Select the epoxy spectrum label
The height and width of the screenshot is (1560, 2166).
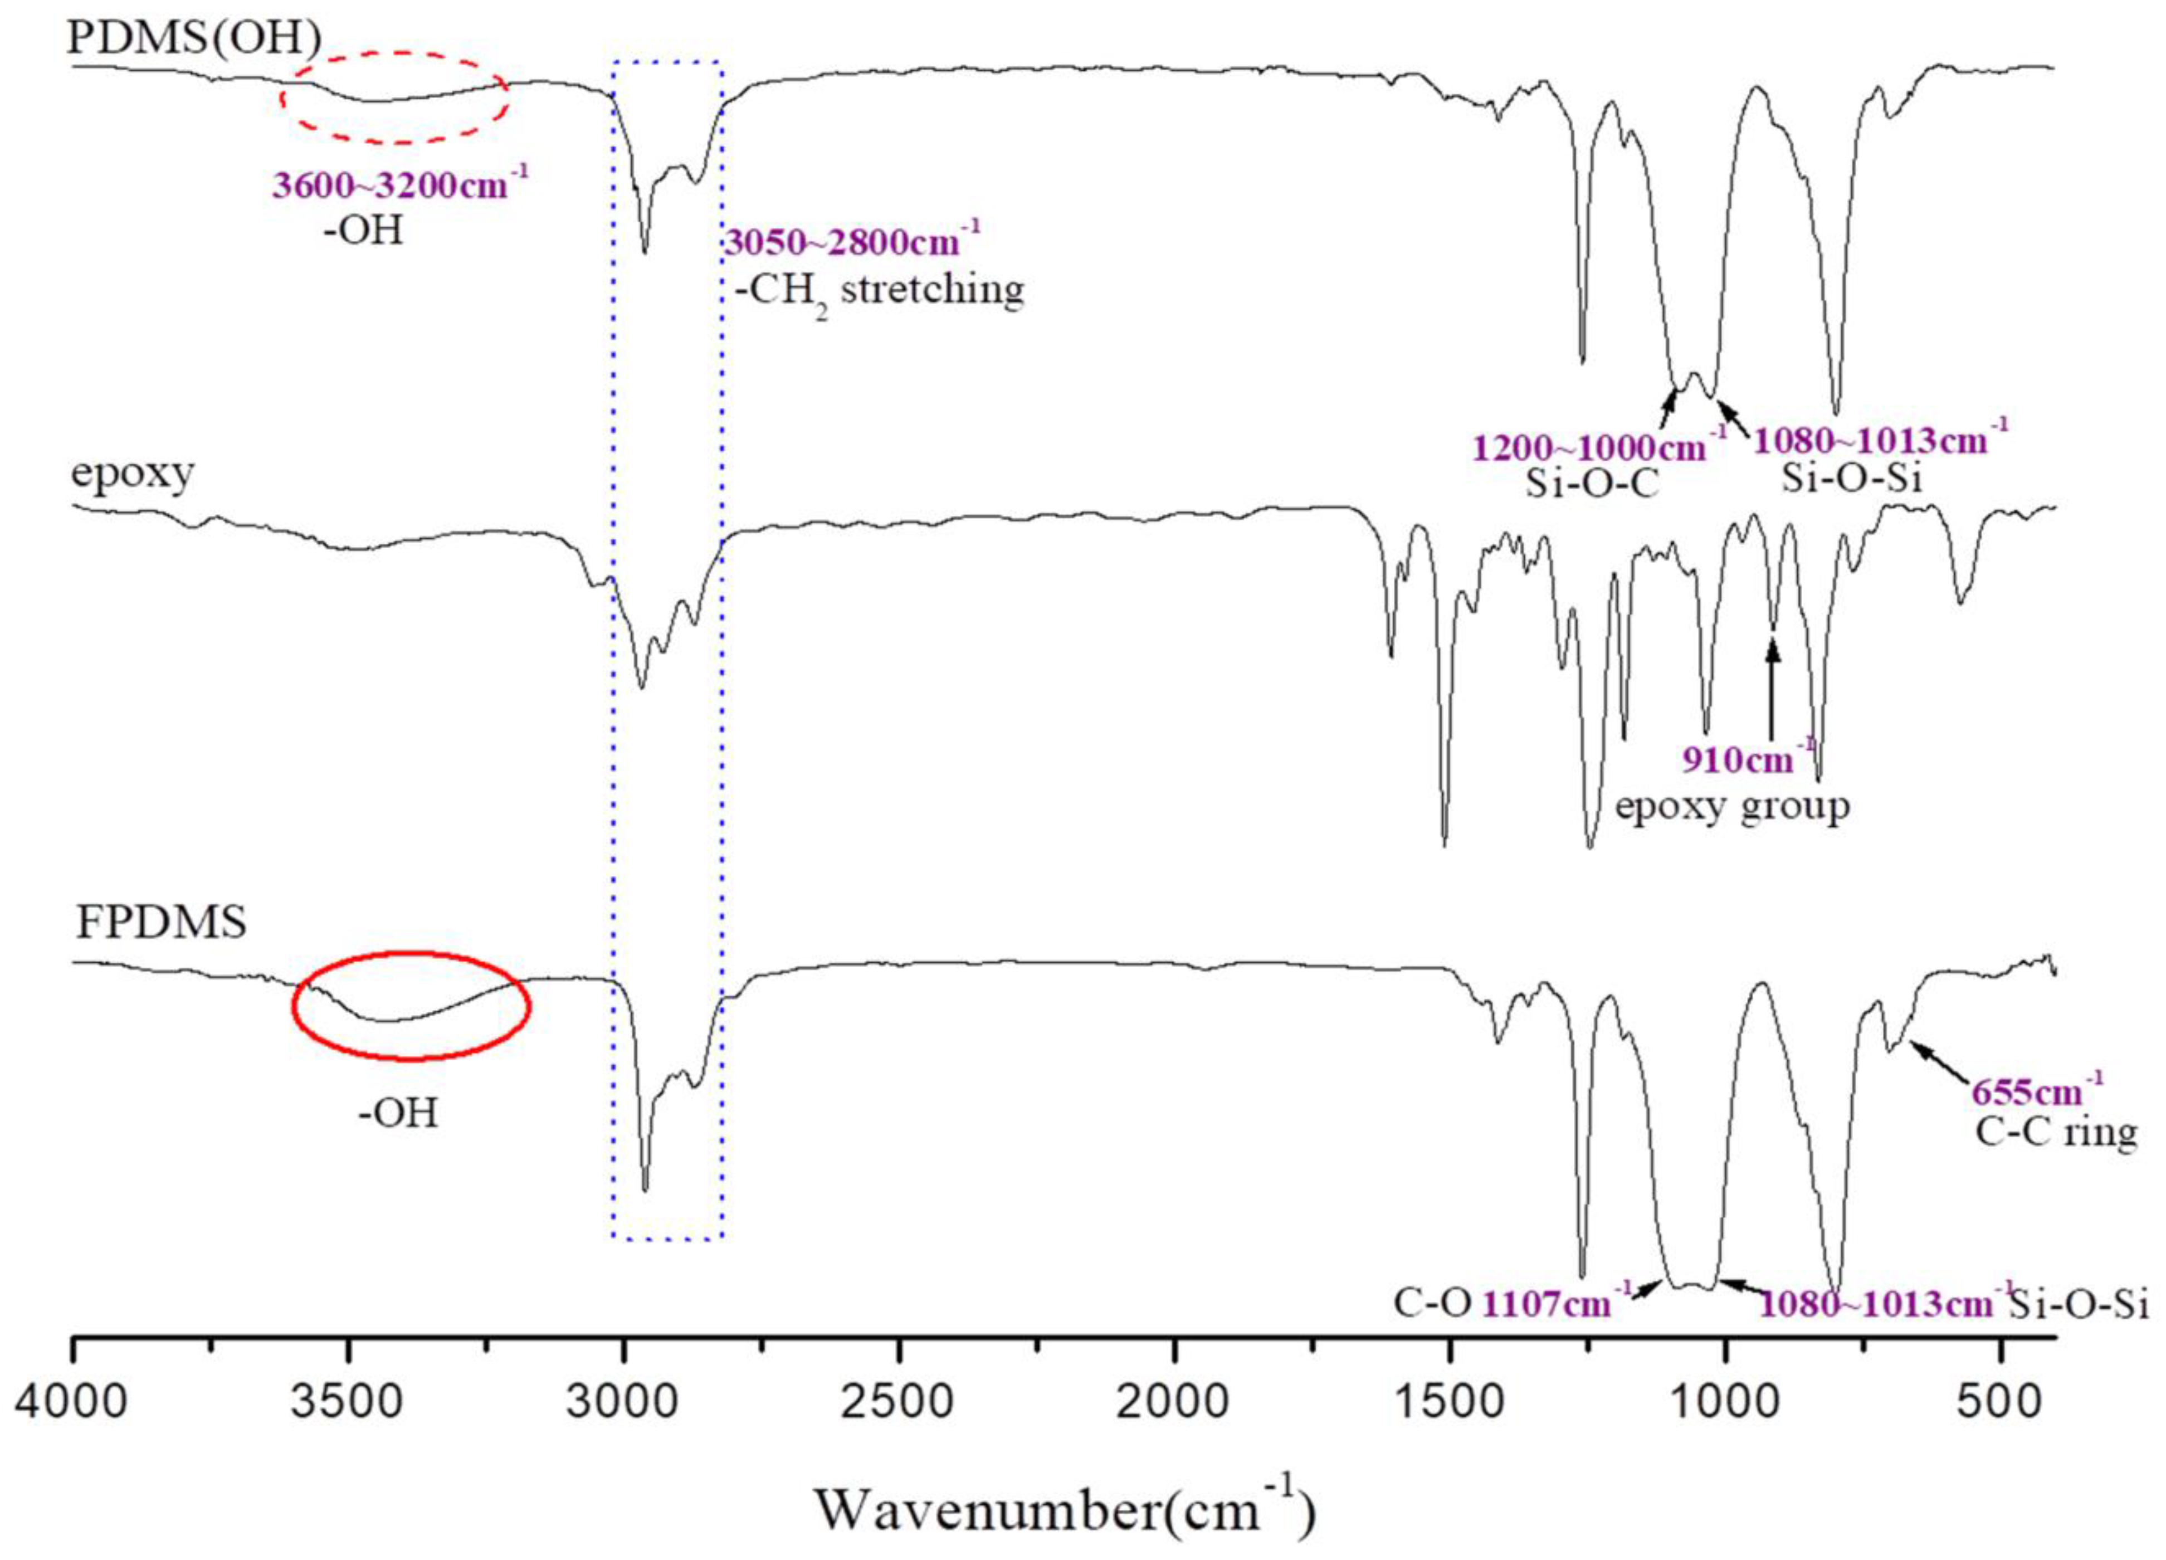click(133, 473)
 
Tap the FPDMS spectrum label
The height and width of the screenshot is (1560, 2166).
click(160, 923)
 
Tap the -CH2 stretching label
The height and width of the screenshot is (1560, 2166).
click(879, 290)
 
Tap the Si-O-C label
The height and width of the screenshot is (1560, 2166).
click(1592, 484)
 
